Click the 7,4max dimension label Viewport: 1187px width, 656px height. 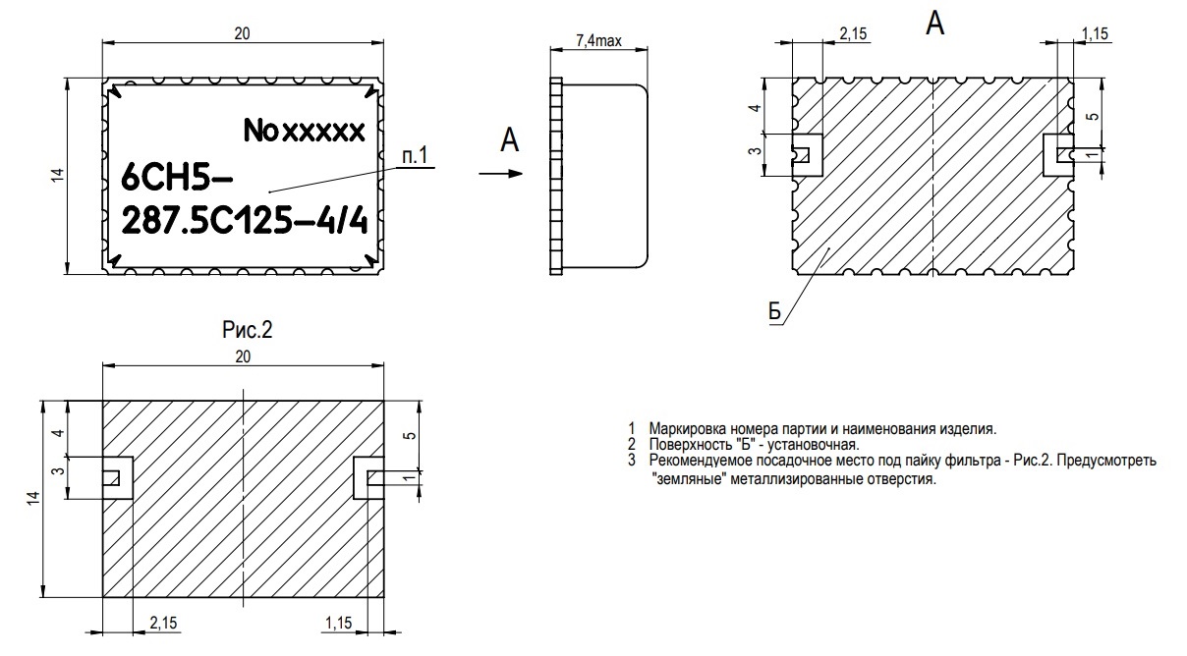(x=598, y=41)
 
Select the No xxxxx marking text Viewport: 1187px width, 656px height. (x=305, y=131)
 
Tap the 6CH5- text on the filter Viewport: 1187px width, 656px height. (x=177, y=177)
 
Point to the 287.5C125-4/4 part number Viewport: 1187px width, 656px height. (x=245, y=220)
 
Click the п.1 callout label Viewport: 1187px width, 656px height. (x=415, y=156)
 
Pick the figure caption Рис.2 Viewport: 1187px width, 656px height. (x=247, y=330)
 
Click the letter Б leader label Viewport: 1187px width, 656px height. (x=774, y=312)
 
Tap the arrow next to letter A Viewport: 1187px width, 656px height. (x=501, y=173)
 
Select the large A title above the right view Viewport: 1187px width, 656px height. (x=934, y=24)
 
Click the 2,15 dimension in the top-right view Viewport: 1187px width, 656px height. (x=853, y=34)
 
